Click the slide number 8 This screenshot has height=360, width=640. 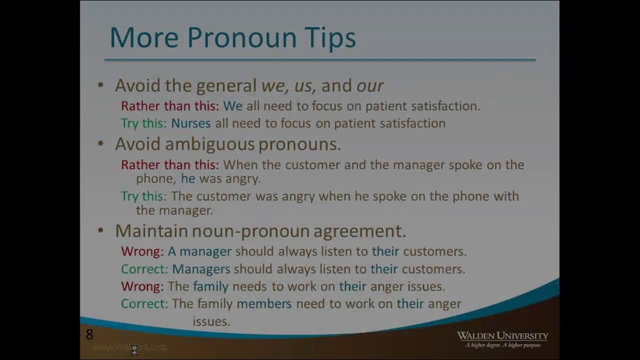coord(89,334)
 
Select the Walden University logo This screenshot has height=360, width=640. coord(502,338)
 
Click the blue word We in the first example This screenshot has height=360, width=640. coord(232,106)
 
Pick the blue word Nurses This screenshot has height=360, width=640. coord(190,123)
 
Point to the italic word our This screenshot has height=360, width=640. coord(370,86)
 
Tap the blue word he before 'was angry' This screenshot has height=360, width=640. coord(188,178)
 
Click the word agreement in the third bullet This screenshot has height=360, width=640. coord(359,231)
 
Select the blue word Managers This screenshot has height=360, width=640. coord(201,269)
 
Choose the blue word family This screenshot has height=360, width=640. coord(210,286)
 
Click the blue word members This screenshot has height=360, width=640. coord(263,304)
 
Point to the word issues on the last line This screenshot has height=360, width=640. coord(211,321)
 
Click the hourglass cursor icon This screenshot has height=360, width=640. coord(134,351)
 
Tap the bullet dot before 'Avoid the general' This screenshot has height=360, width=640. coord(100,85)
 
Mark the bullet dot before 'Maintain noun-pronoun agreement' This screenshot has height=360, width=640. coord(100,230)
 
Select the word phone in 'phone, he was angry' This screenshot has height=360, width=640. coord(155,178)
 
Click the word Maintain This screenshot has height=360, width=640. coord(151,231)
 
